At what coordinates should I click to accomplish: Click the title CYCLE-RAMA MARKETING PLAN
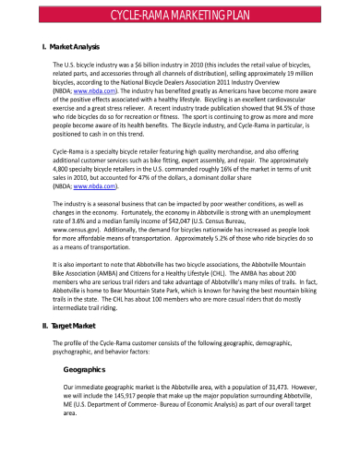(180, 16)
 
